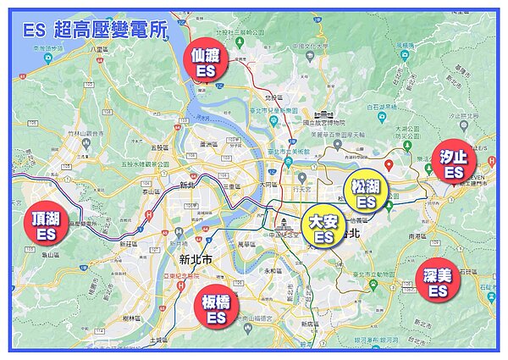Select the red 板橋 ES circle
click(x=216, y=307)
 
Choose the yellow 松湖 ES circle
click(x=367, y=193)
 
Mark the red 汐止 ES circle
click(x=454, y=161)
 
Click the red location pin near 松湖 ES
click(x=387, y=163)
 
